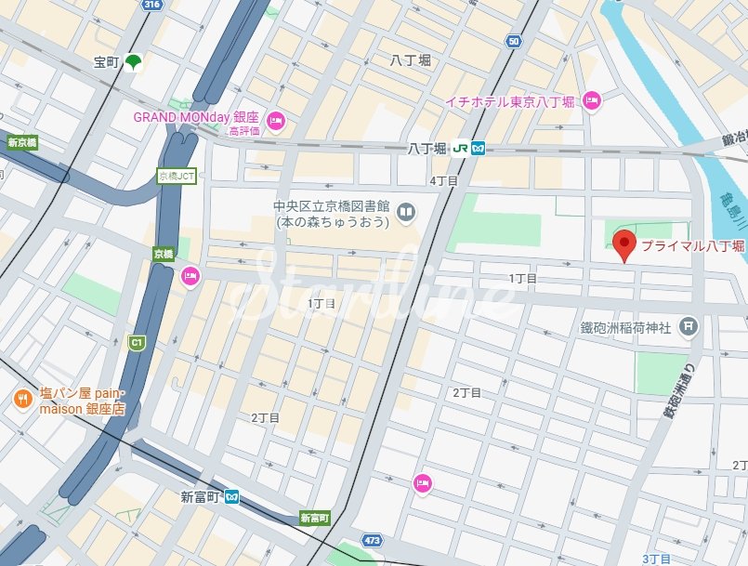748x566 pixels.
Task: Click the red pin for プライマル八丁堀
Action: click(x=624, y=244)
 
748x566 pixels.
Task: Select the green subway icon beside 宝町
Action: click(x=134, y=62)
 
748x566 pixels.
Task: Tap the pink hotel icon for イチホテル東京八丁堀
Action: click(x=592, y=100)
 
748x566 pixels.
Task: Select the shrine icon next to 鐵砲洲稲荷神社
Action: click(x=687, y=326)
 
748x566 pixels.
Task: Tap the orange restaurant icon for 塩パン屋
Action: click(x=21, y=400)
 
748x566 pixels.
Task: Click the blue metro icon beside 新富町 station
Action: click(x=230, y=497)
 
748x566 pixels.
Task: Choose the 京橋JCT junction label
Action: click(x=177, y=177)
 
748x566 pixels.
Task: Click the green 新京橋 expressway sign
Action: click(x=20, y=143)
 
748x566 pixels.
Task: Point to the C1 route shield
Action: click(x=136, y=343)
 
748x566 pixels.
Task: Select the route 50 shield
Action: click(x=513, y=41)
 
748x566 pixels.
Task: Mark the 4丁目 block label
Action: click(x=444, y=181)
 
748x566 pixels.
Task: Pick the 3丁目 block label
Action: click(x=655, y=559)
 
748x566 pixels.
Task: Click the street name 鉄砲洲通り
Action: click(x=681, y=389)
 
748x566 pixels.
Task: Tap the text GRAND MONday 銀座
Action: click(x=195, y=117)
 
